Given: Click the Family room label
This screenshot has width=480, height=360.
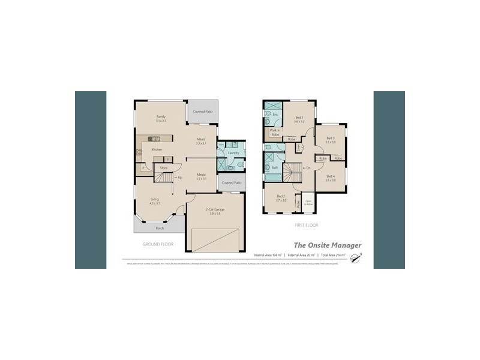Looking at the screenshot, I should point(161,116).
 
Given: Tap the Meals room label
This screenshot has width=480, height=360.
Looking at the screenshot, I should point(201,139).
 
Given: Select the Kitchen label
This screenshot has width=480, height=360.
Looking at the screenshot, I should point(157,149).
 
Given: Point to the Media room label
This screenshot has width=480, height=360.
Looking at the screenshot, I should point(202,175).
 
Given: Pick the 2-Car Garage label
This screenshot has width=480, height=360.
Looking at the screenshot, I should point(214,210).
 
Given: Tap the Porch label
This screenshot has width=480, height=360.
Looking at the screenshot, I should point(160,229).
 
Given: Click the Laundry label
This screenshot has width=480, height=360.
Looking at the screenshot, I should point(234,153).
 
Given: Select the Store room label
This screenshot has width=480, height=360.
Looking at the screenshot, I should point(163,168).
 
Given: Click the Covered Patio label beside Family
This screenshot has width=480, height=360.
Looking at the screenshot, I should point(203,112).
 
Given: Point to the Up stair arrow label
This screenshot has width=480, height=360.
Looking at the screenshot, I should point(178,178).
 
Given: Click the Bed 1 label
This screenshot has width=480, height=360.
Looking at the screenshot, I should point(299,118).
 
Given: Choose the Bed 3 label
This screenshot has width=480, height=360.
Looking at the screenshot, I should point(331,138).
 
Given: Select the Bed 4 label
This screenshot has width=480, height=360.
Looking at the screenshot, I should point(331,176).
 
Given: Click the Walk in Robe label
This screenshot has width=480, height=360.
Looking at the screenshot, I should point(275,132).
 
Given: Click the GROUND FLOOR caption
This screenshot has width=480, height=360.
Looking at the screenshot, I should point(158,244).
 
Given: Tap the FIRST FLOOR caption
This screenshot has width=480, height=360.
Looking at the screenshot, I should point(306,225).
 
